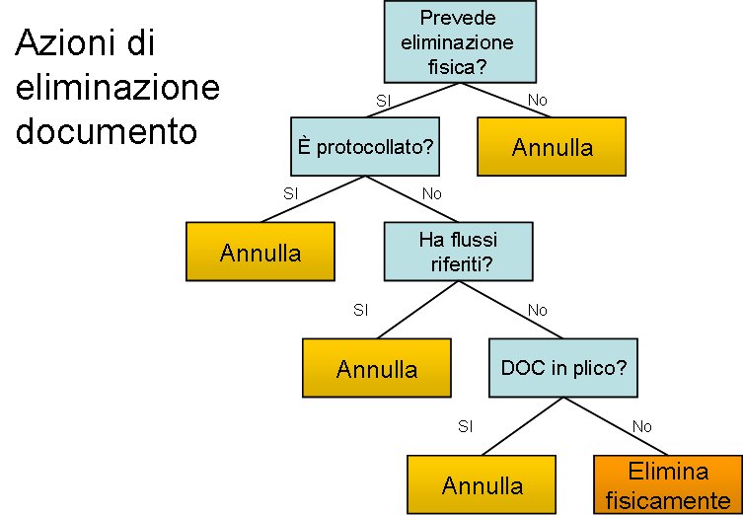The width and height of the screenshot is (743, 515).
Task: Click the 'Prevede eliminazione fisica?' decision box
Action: click(459, 42)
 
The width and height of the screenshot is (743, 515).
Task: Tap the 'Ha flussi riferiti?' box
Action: click(459, 252)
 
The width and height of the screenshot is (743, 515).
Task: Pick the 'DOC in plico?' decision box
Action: click(563, 368)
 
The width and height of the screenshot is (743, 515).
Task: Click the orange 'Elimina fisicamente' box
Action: click(667, 484)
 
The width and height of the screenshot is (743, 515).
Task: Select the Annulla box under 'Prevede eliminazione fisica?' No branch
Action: click(553, 148)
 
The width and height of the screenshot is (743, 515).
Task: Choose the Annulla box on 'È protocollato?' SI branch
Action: click(260, 252)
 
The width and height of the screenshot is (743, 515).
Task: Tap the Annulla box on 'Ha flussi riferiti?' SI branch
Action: click(377, 368)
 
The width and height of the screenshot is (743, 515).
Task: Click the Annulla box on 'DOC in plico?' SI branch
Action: click(483, 484)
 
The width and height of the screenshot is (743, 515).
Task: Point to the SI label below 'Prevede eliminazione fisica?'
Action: click(385, 101)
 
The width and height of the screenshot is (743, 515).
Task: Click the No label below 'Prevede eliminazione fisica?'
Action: click(538, 101)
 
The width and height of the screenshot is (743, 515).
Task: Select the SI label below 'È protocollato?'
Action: click(290, 193)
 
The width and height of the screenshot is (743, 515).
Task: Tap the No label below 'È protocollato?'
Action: click(432, 193)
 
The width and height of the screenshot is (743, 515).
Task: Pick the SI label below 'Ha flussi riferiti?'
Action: click(361, 310)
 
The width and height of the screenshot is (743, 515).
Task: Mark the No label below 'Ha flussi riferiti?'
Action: click(538, 310)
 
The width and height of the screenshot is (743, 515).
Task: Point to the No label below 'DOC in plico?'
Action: click(642, 426)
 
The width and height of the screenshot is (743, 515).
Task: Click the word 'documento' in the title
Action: click(108, 131)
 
